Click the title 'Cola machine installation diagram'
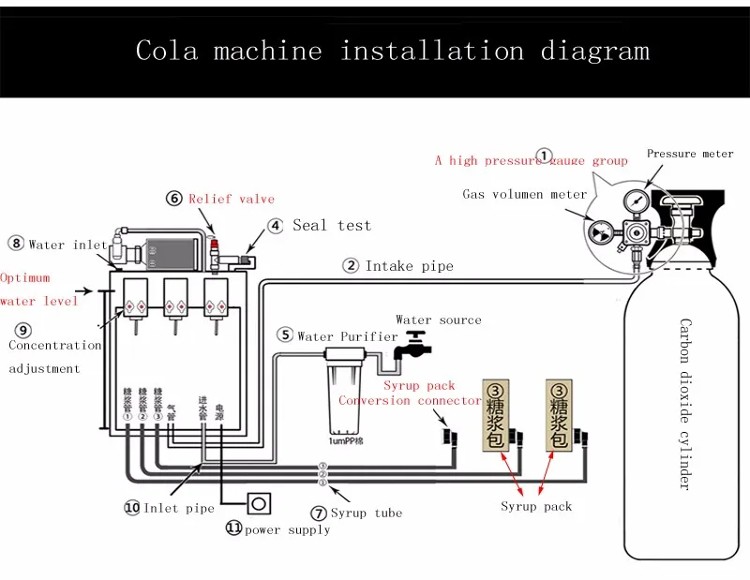pyautogui.click(x=392, y=50)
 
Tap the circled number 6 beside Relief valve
pyautogui.click(x=174, y=199)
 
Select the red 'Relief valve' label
pyautogui.click(x=232, y=199)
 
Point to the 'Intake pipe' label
pyautogui.click(x=409, y=266)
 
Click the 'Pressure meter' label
pyautogui.click(x=690, y=154)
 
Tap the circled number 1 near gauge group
pyautogui.click(x=544, y=156)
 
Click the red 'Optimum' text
pyautogui.click(x=25, y=278)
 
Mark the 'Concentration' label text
pyautogui.click(x=54, y=345)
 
